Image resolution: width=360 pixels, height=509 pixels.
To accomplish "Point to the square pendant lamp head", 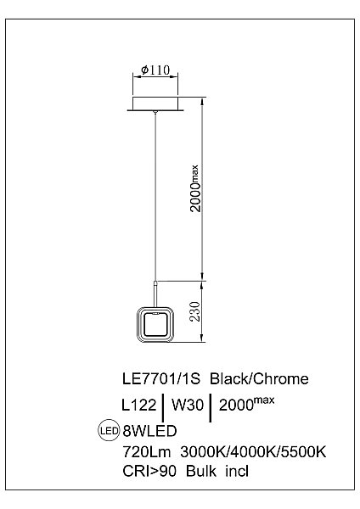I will pos(154,325).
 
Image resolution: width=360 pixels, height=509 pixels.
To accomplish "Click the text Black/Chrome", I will pos(259,378).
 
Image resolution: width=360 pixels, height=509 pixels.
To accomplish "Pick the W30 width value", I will pos(187,405).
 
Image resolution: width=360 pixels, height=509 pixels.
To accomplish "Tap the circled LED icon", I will pos(108,430).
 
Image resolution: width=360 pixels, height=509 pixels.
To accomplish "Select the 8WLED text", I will pos(149,431).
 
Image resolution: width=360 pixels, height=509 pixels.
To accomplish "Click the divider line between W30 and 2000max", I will pos(210,406).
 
